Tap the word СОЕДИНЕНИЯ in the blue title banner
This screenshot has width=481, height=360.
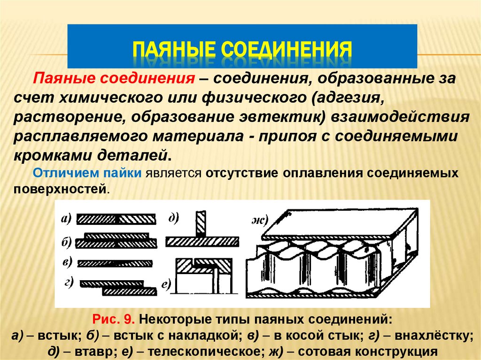coord(287,49)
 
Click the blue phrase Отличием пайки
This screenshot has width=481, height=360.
coord(88,173)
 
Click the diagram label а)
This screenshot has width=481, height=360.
coord(65,218)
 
